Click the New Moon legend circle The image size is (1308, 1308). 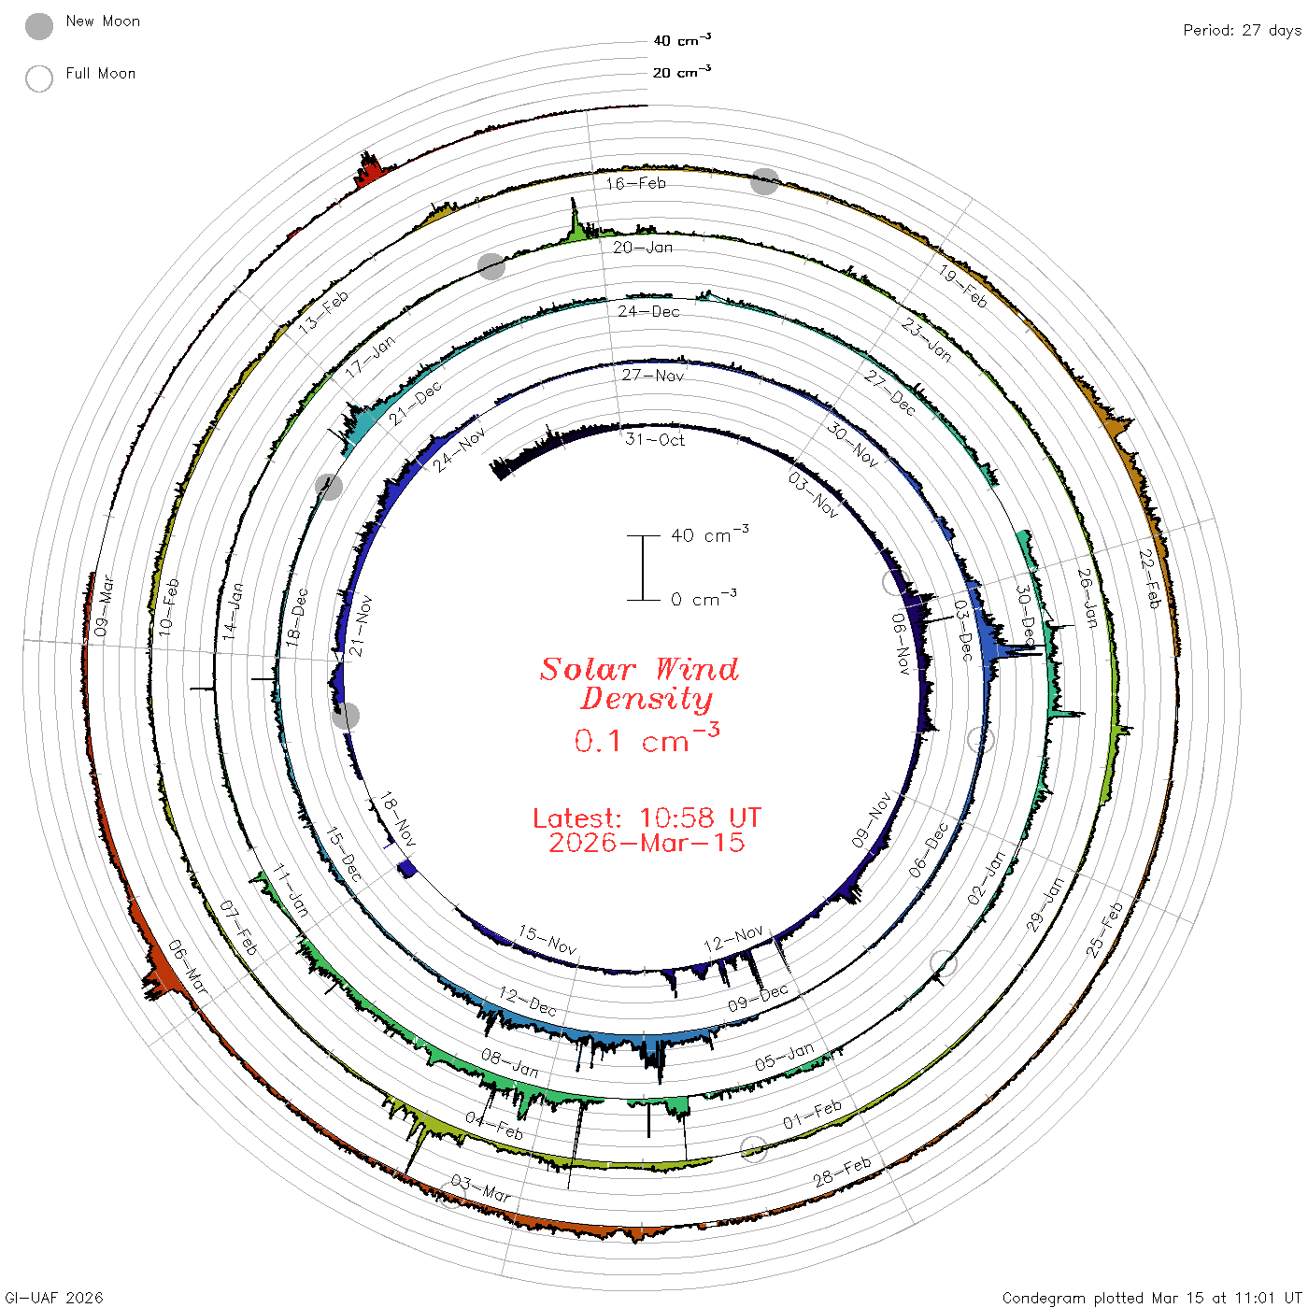click(x=38, y=26)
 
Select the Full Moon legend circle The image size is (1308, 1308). click(x=38, y=78)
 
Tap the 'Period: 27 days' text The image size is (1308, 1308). click(x=1243, y=31)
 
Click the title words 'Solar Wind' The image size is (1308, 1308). click(x=639, y=669)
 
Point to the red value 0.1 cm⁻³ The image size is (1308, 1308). click(x=647, y=739)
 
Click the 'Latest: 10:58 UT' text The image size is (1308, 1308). click(x=647, y=817)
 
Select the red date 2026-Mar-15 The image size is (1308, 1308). click(x=647, y=843)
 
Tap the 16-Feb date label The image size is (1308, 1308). click(x=635, y=183)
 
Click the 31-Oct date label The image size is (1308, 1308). click(x=655, y=440)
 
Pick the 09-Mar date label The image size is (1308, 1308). click(x=104, y=606)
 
